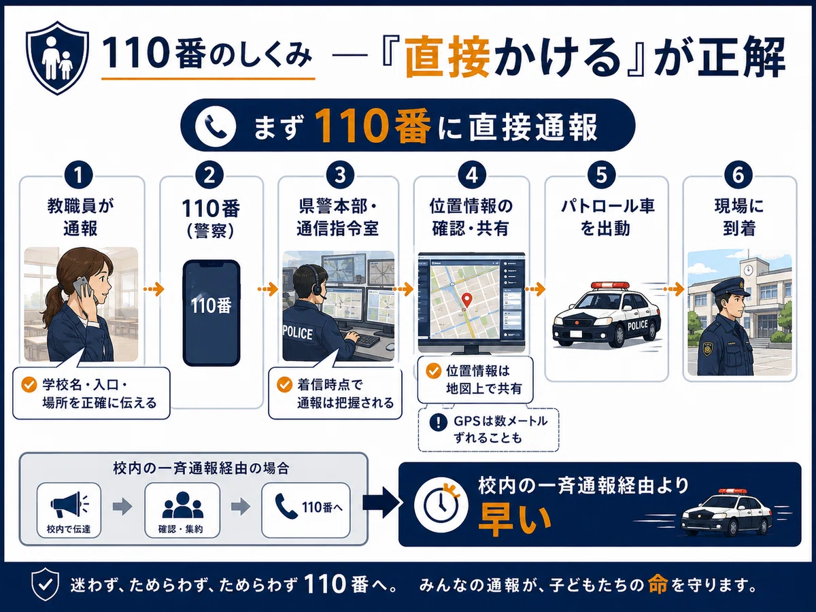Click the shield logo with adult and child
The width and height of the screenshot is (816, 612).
57,58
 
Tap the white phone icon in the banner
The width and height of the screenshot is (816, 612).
216,126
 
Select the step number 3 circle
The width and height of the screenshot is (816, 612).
340,175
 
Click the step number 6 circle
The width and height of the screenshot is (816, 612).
738,175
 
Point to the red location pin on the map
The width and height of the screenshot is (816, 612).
466,299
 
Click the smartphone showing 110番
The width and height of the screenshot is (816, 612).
211,313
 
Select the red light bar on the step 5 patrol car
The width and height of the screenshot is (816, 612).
610,286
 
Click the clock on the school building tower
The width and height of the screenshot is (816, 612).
748,271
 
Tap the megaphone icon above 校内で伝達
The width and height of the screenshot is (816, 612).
69,504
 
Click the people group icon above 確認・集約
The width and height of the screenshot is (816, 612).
182,505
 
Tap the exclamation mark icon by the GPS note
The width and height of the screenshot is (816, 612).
439,422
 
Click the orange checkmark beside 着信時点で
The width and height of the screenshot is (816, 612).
284,385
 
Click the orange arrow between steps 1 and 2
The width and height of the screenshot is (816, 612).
153,288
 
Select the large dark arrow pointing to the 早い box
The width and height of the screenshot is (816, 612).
381,503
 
